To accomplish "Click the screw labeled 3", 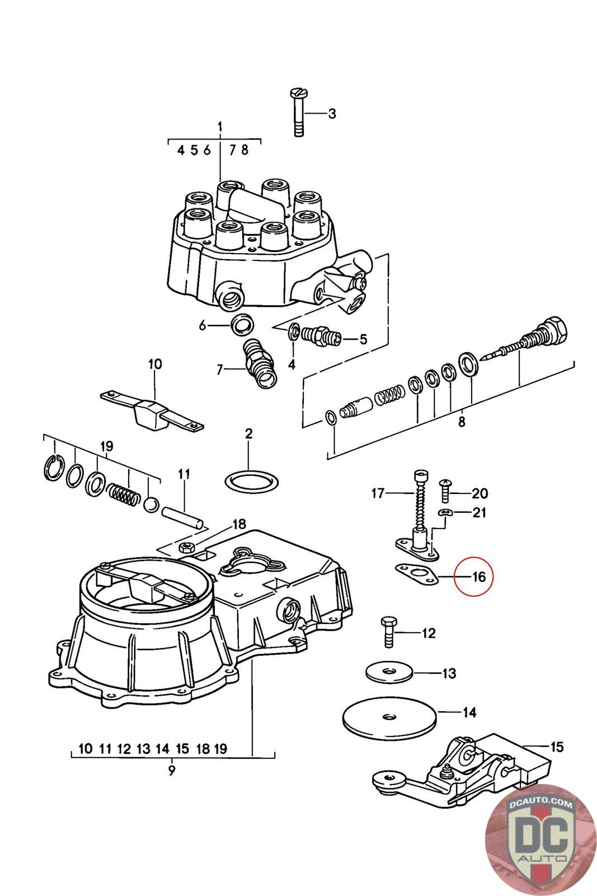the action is [x=299, y=113].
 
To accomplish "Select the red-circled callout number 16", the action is [x=479, y=577].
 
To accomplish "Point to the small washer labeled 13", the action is [x=389, y=672].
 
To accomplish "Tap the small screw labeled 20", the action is [x=445, y=491].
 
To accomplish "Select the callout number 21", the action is [x=479, y=512].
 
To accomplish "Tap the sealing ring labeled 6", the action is [x=243, y=325].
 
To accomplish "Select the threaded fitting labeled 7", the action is [x=260, y=363].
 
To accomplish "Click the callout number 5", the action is [x=363, y=339].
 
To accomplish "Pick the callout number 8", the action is [x=462, y=421].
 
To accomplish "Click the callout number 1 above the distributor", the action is [x=220, y=127].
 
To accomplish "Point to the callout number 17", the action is [x=378, y=493].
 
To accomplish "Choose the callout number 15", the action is [x=557, y=747].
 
